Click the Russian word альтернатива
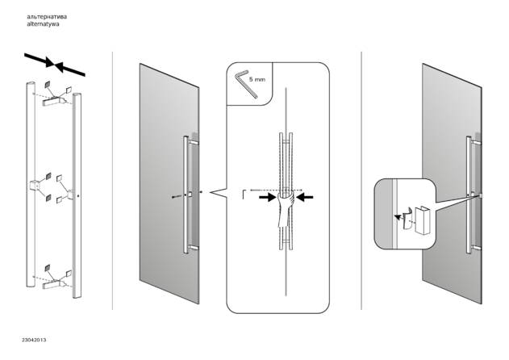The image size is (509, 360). [x=47, y=17]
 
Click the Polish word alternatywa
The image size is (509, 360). [x=43, y=24]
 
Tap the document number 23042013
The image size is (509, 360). [x=34, y=340]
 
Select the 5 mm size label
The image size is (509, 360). [x=257, y=79]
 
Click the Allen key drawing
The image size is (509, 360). [x=245, y=83]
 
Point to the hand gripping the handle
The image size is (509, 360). [x=285, y=209]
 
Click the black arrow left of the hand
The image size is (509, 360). [x=268, y=197]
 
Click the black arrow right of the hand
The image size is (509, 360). [x=305, y=197]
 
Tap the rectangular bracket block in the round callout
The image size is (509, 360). [x=422, y=220]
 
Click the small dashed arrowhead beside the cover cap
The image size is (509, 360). [x=397, y=216]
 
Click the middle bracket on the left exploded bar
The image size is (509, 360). [x=35, y=185]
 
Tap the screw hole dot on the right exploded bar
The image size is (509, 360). [x=79, y=196]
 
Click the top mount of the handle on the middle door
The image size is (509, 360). [x=193, y=143]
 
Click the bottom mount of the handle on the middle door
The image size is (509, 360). [x=193, y=248]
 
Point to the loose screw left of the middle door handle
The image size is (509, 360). [x=175, y=197]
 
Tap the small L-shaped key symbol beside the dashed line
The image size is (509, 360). [x=244, y=195]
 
